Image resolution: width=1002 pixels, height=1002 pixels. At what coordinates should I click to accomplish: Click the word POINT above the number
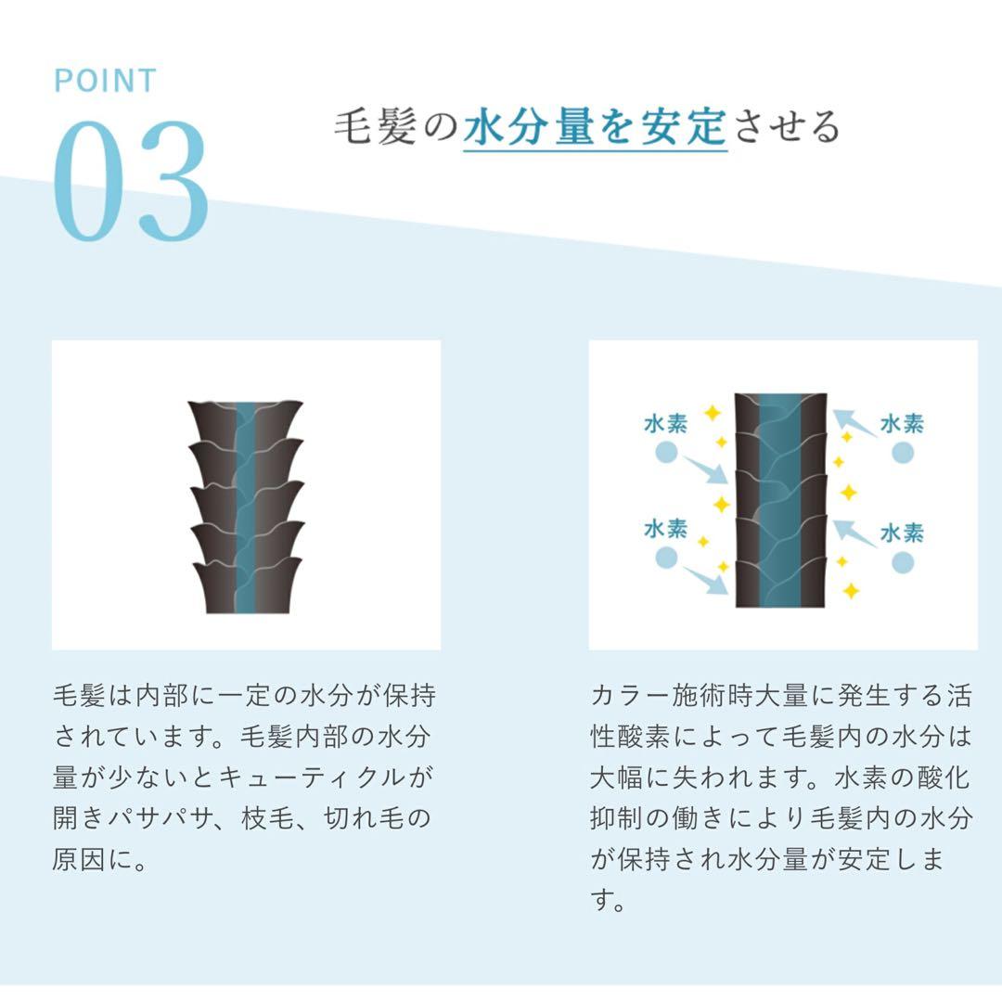pos(106,81)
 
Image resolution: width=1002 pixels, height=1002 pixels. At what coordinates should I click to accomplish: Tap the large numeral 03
pos(131,181)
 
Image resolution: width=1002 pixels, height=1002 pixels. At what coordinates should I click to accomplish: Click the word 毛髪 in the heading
pos(376,126)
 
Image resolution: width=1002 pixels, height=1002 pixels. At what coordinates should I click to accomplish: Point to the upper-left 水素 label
pos(666,424)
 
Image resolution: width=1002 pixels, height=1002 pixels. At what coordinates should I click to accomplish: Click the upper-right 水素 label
pos(903,424)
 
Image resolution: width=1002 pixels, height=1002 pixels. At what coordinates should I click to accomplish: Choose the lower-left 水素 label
pos(666,529)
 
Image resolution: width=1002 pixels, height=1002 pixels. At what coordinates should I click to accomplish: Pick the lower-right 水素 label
pos(903,533)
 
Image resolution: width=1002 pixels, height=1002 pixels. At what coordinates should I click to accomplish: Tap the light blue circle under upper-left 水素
pos(666,453)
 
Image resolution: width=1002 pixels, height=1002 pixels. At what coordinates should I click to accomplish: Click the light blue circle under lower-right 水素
pos(903,562)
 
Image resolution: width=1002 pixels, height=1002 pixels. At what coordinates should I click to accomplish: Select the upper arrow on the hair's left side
pos(705,470)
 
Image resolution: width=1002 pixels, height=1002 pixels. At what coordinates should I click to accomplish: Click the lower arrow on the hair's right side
pos(855,533)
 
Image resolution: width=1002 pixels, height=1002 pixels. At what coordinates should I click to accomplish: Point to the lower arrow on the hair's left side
pos(705,580)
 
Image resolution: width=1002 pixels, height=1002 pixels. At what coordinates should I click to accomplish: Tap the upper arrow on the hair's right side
pos(855,424)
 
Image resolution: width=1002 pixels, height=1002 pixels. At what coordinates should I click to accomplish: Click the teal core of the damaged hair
pos(245,508)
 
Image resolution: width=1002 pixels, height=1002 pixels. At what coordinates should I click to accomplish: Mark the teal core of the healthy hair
pos(779,500)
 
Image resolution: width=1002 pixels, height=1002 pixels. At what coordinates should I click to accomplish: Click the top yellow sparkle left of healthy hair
pos(712,412)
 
